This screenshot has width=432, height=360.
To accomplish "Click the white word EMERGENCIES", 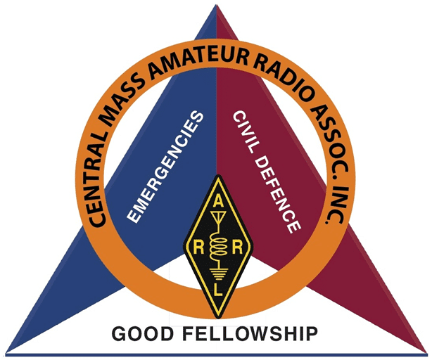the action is [165, 167].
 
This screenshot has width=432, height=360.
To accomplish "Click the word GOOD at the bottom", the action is [143, 334].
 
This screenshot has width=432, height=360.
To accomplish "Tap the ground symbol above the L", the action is [218, 274].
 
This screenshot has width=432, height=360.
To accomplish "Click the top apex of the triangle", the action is [217, 5].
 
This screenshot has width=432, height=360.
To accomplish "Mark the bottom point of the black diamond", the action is [218, 318].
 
